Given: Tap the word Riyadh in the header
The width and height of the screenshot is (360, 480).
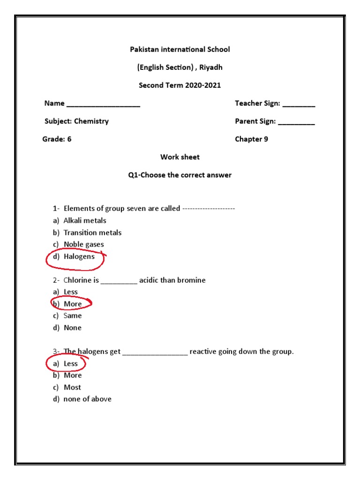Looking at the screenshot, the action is [x=211, y=67].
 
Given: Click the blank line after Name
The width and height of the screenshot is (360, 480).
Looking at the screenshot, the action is [x=103, y=105].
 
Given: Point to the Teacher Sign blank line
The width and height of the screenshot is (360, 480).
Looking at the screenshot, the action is [x=299, y=105].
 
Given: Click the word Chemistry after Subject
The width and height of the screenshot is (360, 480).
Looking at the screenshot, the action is [x=91, y=121].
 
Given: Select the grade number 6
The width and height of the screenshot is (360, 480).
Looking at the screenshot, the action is [x=69, y=139].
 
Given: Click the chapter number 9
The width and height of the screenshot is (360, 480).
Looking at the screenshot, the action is [x=266, y=139].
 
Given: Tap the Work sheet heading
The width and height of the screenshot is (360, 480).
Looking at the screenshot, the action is [x=180, y=157].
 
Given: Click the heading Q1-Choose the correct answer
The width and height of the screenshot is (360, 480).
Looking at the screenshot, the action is [x=180, y=175].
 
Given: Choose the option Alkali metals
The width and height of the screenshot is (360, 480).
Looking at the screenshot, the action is [x=85, y=220].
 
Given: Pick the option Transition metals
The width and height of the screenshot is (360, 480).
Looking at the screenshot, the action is [x=92, y=232].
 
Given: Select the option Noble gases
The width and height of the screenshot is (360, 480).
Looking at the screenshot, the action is [x=84, y=244].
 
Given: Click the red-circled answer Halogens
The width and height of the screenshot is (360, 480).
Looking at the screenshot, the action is [x=79, y=256].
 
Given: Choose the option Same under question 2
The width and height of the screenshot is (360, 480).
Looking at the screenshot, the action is [x=73, y=315].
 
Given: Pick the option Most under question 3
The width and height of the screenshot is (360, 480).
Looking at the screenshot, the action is [x=73, y=387].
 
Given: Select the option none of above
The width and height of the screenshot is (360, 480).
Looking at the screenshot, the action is [x=88, y=399].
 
